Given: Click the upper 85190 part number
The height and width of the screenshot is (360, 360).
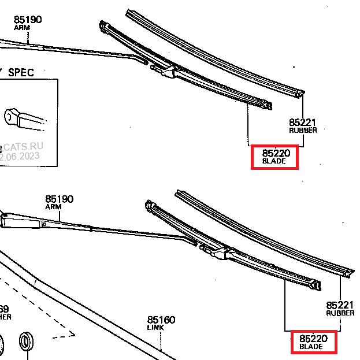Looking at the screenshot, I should [x=28, y=20].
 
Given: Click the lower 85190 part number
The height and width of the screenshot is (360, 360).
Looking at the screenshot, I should [x=60, y=199].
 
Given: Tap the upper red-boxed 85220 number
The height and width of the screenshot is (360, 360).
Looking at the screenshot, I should [x=274, y=153].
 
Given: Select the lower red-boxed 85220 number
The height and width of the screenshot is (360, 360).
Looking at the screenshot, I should [x=313, y=338].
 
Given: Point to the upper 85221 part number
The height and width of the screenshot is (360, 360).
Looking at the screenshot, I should [x=303, y=123].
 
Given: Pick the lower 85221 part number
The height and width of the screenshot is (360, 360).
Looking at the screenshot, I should [x=340, y=305].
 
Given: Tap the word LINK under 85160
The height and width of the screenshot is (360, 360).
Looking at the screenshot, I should [x=155, y=328].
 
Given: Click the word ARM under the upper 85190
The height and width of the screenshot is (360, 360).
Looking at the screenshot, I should [x=22, y=28].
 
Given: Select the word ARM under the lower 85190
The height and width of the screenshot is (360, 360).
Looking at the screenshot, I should [x=54, y=207].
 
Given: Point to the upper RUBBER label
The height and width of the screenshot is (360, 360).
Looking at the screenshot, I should [x=303, y=131].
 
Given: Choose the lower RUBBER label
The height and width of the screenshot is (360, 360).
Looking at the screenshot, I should [x=340, y=313].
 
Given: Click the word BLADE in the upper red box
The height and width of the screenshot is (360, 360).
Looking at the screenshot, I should [x=274, y=161].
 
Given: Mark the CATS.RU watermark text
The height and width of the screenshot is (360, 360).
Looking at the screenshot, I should [x=23, y=147].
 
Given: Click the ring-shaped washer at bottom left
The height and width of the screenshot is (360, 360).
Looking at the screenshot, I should [x=27, y=341].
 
